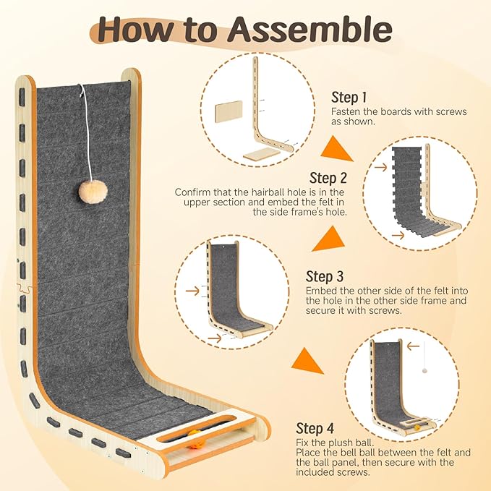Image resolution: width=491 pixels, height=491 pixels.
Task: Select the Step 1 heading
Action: (x=349, y=97)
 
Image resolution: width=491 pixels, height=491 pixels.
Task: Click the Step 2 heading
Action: (x=328, y=178)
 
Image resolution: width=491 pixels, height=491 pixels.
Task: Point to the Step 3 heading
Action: (x=324, y=276)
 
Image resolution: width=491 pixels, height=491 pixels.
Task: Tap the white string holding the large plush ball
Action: (x=82, y=130)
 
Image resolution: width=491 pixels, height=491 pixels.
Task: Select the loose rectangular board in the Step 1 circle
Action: (x=229, y=114)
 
